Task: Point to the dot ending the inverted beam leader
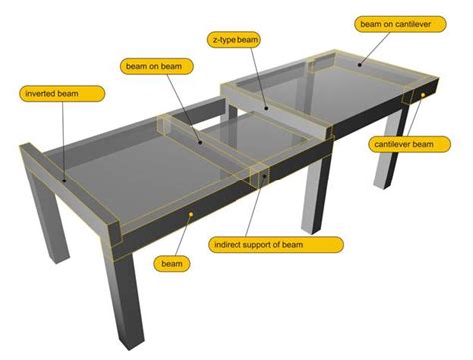(x=63, y=181)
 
